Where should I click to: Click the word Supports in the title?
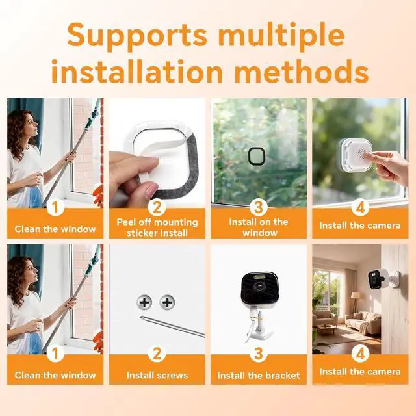tap(137, 36)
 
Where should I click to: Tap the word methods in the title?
tap(302, 71)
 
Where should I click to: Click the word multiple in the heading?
tap(281, 36)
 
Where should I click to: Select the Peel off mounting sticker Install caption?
tap(157, 227)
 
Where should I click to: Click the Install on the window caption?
tap(259, 227)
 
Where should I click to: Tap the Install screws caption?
tap(157, 375)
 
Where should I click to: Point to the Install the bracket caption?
tap(259, 376)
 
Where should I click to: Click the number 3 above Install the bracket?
tap(259, 354)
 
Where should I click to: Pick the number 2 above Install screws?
tap(157, 354)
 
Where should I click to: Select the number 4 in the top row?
tap(360, 207)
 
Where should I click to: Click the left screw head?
tap(144, 302)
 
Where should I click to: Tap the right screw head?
tap(167, 302)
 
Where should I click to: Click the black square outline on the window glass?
tap(257, 155)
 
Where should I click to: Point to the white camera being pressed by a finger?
tap(354, 155)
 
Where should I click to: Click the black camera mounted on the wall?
tap(375, 279)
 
